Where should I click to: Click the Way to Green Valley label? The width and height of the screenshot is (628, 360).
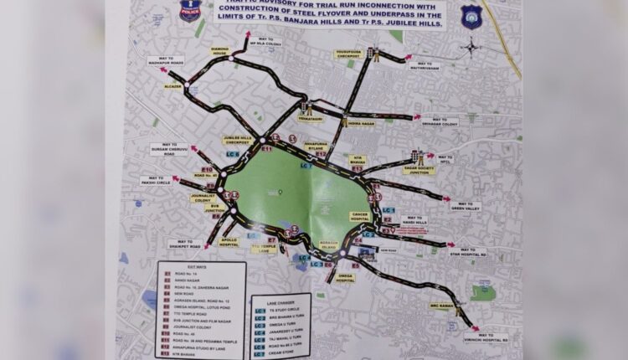pyautogui.click(x=466, y=205)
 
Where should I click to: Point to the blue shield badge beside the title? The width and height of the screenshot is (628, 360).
pyautogui.click(x=471, y=15)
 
